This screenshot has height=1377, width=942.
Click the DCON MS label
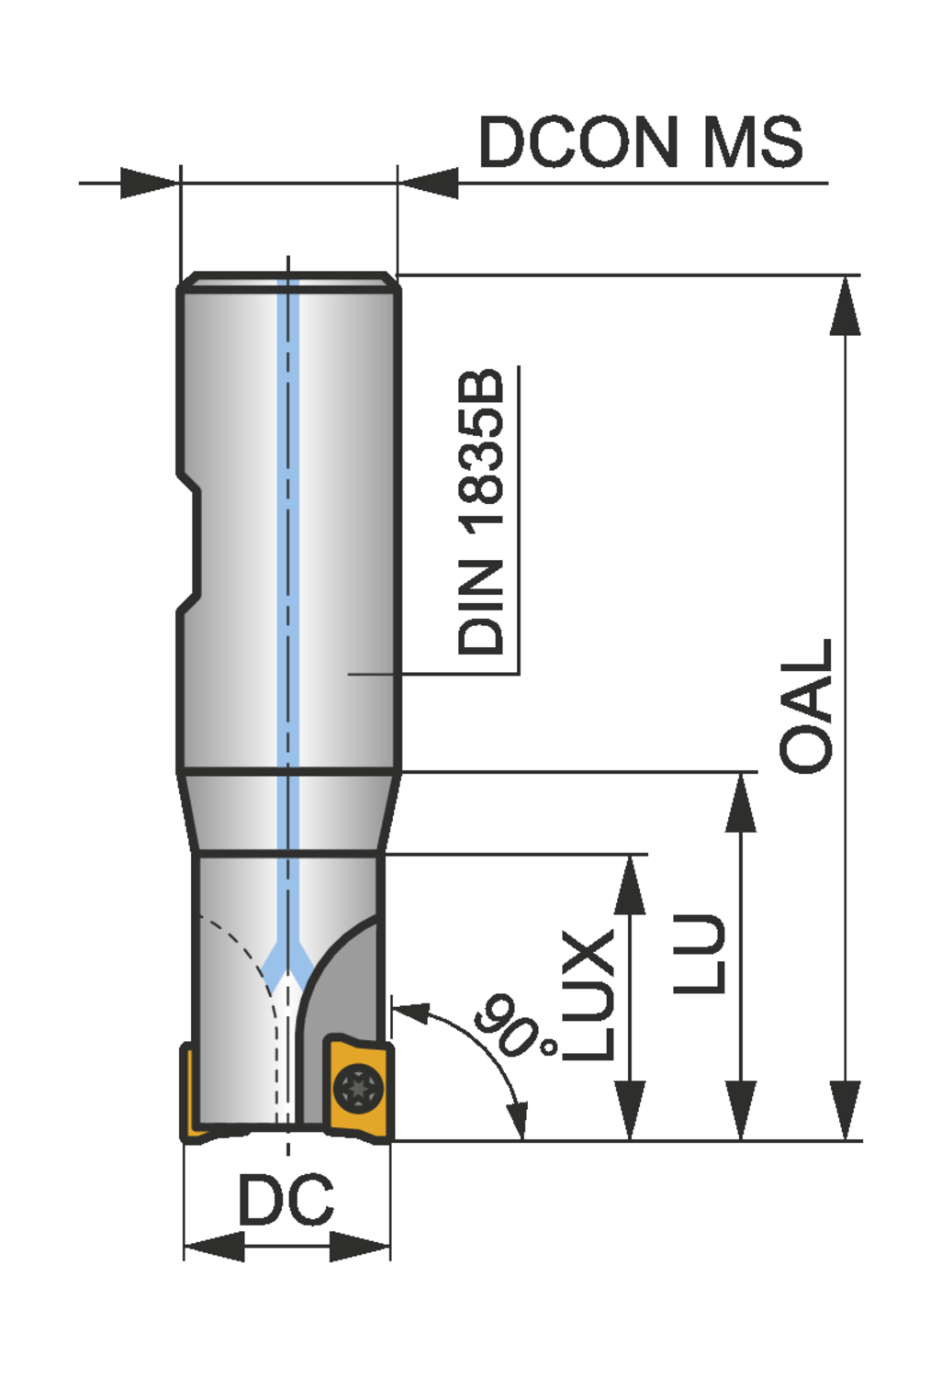(x=641, y=142)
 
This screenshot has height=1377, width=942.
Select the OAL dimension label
(x=805, y=706)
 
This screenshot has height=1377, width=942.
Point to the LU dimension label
(x=699, y=954)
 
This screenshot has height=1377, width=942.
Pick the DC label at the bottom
(x=286, y=1199)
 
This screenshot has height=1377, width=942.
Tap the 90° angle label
(x=515, y=1026)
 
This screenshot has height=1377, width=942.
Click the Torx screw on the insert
(x=358, y=1088)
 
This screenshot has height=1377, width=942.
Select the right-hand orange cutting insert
(x=358, y=1087)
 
